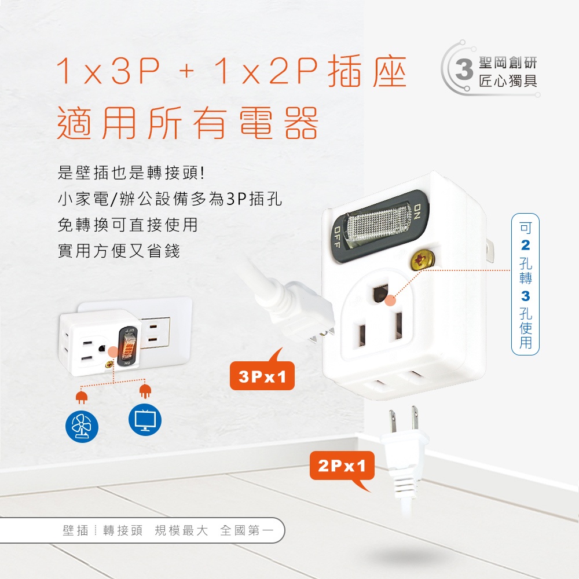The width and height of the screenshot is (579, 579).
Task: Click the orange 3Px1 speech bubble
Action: click(x=262, y=375)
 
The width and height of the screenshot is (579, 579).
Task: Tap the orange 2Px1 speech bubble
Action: click(x=342, y=467)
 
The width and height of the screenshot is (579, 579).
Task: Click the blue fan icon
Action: click(x=82, y=427)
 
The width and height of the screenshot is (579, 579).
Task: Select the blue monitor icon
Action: click(x=145, y=420)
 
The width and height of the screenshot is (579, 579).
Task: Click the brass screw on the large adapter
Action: click(x=423, y=259)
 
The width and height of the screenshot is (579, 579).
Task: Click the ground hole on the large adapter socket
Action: click(x=381, y=294)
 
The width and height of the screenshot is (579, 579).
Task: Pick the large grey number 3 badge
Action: click(x=464, y=69)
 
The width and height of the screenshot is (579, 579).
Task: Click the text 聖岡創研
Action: click(x=508, y=63)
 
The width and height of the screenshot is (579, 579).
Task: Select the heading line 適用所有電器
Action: click(x=187, y=123)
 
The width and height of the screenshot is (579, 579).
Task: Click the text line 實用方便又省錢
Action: click(x=119, y=251)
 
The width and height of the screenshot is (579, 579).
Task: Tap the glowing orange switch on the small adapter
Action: click(x=128, y=347)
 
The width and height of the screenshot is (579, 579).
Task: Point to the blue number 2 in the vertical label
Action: click(x=526, y=245)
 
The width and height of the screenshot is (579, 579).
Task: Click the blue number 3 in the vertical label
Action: click(x=526, y=296)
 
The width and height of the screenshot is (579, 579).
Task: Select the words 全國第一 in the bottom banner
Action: click(x=247, y=530)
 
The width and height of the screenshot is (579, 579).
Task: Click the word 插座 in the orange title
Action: click(x=367, y=71)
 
